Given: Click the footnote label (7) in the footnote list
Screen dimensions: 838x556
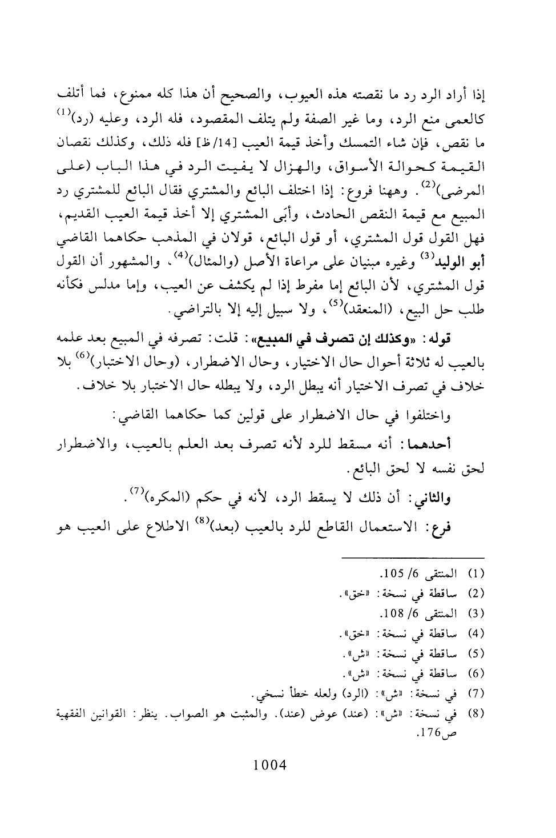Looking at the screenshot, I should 475,696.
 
